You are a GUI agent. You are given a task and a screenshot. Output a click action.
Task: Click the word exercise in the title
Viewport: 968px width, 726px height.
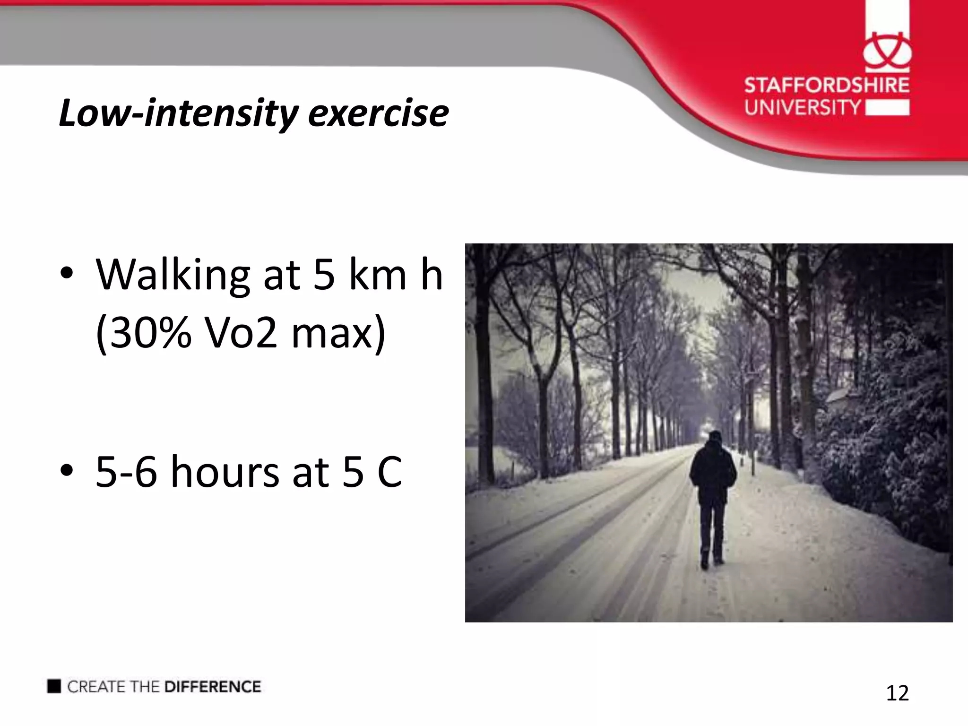click(378, 113)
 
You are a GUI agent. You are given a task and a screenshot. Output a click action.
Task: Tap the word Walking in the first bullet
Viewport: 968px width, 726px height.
click(173, 276)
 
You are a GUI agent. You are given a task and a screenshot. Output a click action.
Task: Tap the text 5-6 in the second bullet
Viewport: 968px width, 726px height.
click(126, 472)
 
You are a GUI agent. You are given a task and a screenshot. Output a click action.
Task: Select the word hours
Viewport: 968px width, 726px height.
click(225, 472)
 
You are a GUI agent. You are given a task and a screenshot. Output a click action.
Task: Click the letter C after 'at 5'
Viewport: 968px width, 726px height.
click(389, 472)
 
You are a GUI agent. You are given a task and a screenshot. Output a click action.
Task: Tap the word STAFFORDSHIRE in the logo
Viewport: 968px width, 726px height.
click(827, 86)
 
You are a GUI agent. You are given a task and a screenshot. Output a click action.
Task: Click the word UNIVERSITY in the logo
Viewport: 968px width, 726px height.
click(803, 107)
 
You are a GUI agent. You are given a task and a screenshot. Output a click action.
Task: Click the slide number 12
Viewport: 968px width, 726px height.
click(897, 693)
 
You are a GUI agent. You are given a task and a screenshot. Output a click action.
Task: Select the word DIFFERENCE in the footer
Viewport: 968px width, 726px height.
click(212, 687)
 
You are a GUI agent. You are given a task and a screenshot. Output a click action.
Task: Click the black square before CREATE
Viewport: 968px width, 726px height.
click(54, 686)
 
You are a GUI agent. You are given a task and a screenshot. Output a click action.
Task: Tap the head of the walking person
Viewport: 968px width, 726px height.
click(715, 437)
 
